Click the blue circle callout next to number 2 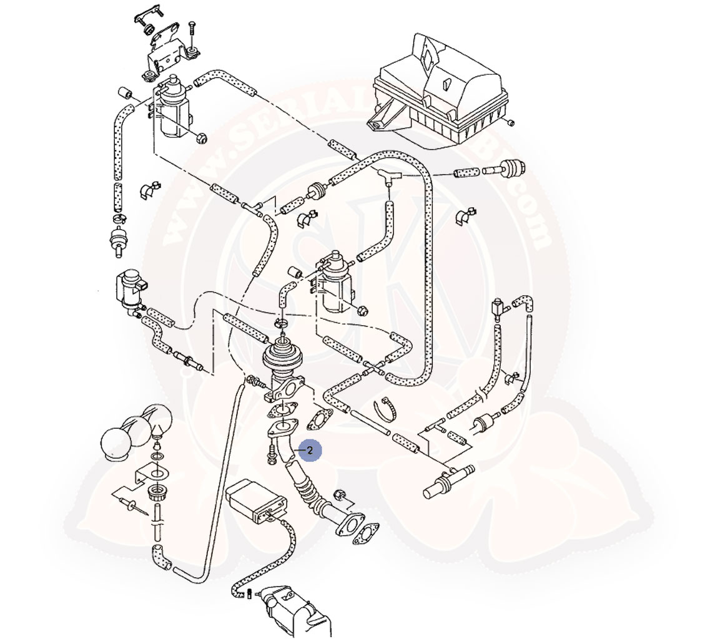310,450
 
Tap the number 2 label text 310,450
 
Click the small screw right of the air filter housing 511,122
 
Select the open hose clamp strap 386,409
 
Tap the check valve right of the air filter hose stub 510,167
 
